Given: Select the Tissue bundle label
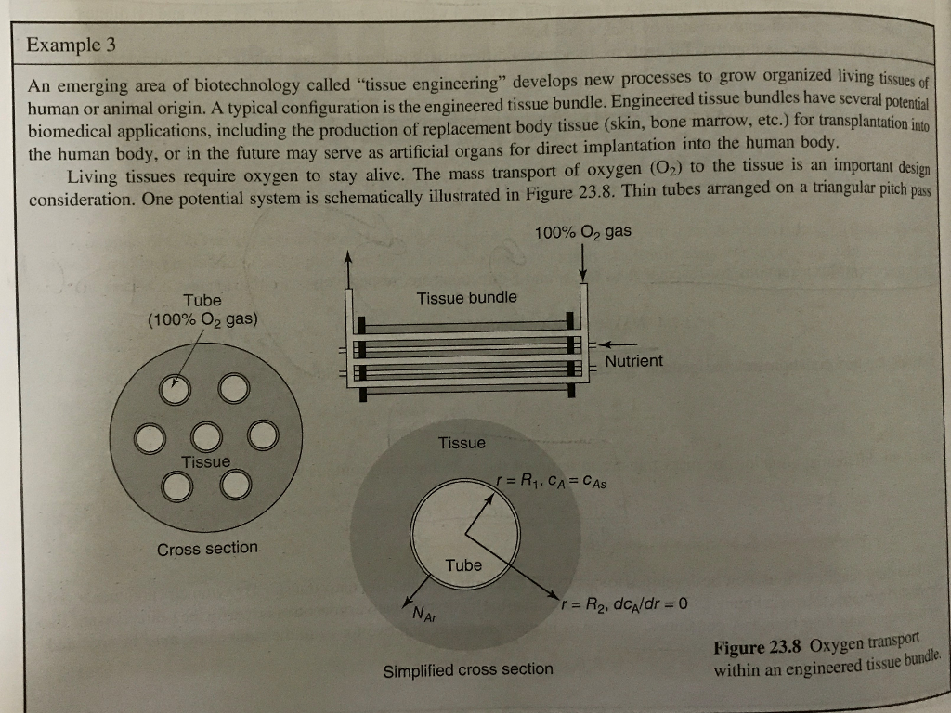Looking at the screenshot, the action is click(466, 298).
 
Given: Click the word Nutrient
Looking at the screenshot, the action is click(633, 360).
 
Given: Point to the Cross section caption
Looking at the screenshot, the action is click(207, 549).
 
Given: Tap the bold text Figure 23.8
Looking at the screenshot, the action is click(759, 647).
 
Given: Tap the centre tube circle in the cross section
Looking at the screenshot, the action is click(204, 436).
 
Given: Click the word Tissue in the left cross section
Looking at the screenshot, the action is click(205, 461).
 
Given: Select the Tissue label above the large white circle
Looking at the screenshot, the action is click(462, 443).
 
